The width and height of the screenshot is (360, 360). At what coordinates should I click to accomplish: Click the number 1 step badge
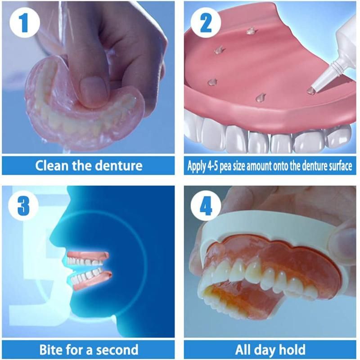coord(25,23)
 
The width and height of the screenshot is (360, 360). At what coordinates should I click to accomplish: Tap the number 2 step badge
coord(206,23)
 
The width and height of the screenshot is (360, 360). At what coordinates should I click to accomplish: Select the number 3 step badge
coord(23,206)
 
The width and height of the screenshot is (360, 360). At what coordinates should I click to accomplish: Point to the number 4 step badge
coord(206,206)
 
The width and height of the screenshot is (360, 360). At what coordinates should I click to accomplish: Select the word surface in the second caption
coord(339,166)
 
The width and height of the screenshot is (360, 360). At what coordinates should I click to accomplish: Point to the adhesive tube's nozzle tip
coord(311,91)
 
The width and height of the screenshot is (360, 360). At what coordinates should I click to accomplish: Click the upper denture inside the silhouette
coord(88,258)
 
